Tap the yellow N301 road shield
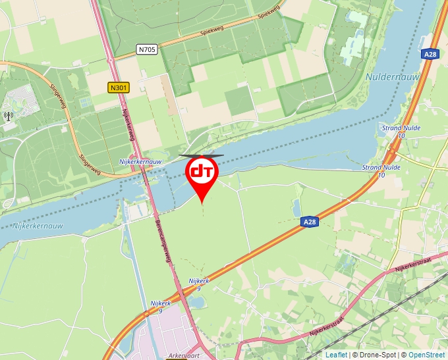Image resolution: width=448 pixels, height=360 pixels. [119, 87]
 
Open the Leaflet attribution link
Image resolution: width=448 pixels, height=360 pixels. [336, 355]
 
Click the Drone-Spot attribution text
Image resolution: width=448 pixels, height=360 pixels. [375, 355]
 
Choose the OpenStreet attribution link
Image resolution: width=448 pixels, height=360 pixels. [428, 355]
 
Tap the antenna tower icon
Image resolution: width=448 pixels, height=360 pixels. [8, 116]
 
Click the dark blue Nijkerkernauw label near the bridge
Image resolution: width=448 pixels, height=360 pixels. [140, 161]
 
